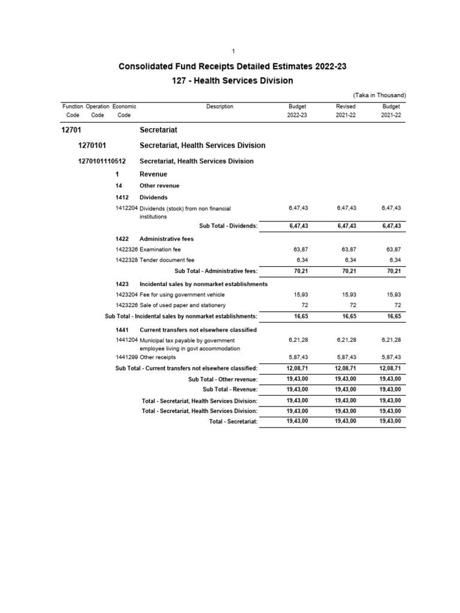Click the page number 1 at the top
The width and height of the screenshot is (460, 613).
click(x=233, y=51)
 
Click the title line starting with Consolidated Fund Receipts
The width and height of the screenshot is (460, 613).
click(x=234, y=66)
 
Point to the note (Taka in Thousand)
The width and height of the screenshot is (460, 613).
click(x=380, y=95)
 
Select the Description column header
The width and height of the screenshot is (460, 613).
click(x=220, y=107)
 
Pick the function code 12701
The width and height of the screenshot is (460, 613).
click(x=71, y=129)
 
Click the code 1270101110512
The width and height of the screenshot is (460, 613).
click(x=102, y=161)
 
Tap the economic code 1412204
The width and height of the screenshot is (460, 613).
click(x=126, y=208)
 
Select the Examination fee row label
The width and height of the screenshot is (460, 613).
click(x=159, y=249)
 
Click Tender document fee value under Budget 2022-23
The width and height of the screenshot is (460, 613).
click(x=301, y=260)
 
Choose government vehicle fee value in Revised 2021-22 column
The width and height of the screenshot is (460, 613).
click(x=349, y=294)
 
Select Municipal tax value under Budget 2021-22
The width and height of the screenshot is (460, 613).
click(x=392, y=341)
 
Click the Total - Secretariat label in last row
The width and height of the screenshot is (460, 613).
click(x=233, y=421)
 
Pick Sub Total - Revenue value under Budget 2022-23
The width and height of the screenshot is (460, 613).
click(x=298, y=389)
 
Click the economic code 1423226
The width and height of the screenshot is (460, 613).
click(x=126, y=305)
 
